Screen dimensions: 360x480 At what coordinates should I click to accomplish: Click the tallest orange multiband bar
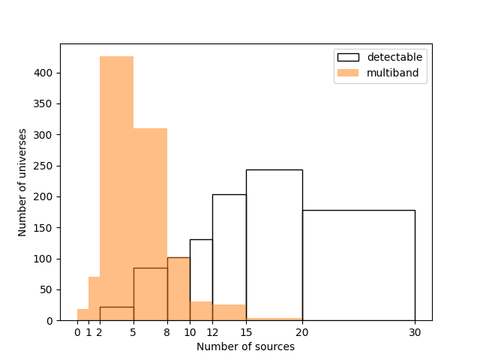click(116, 187)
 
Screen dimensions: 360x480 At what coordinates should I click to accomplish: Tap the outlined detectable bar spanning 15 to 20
click(274, 240)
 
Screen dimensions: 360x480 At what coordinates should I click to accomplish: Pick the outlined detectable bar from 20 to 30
click(358, 262)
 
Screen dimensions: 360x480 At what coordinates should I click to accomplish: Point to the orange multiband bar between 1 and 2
click(94, 300)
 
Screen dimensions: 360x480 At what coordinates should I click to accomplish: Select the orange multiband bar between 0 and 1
click(82, 315)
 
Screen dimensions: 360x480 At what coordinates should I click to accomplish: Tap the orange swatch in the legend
click(348, 73)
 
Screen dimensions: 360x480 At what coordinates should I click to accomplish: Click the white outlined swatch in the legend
click(348, 57)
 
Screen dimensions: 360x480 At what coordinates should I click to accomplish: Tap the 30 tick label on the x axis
click(415, 331)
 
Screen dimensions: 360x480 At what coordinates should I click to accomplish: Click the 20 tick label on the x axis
click(302, 331)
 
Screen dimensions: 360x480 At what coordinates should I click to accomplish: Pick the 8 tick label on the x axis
click(167, 331)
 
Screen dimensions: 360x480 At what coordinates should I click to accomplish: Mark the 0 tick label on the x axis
click(77, 331)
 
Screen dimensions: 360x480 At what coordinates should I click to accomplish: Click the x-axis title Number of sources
click(245, 346)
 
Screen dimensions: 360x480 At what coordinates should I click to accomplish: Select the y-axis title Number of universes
click(23, 182)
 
